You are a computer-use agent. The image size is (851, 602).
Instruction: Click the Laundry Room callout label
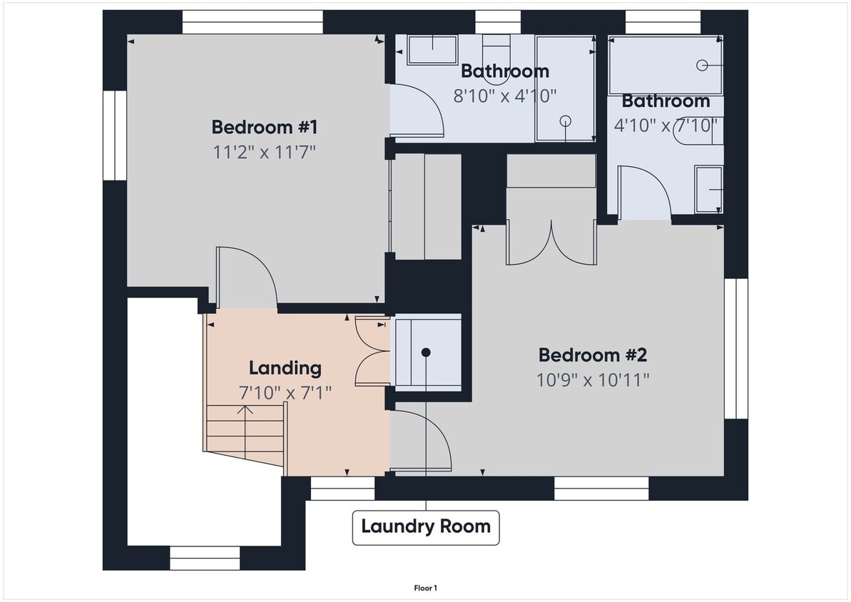[426, 527]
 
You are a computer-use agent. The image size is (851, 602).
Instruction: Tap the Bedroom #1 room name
[264, 128]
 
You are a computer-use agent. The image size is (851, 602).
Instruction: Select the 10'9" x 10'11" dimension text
[593, 379]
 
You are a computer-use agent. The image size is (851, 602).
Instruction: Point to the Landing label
[285, 368]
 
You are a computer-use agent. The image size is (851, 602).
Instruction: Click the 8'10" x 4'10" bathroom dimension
[504, 95]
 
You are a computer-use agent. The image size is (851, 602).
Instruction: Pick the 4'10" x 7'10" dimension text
[665, 125]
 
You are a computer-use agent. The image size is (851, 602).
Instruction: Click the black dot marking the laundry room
[426, 352]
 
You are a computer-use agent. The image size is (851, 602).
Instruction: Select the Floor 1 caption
[425, 588]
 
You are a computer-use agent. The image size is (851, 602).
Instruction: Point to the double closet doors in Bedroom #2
[551, 245]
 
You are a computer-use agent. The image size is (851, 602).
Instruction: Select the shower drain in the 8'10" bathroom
[565, 121]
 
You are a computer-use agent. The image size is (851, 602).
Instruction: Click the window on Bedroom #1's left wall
[115, 136]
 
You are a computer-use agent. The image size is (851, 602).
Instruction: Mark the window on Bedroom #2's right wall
[736, 348]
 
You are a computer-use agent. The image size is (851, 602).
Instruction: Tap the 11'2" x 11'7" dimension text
[264, 152]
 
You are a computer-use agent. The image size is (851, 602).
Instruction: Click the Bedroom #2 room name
[592, 354]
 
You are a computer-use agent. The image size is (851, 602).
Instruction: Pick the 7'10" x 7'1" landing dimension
[285, 392]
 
